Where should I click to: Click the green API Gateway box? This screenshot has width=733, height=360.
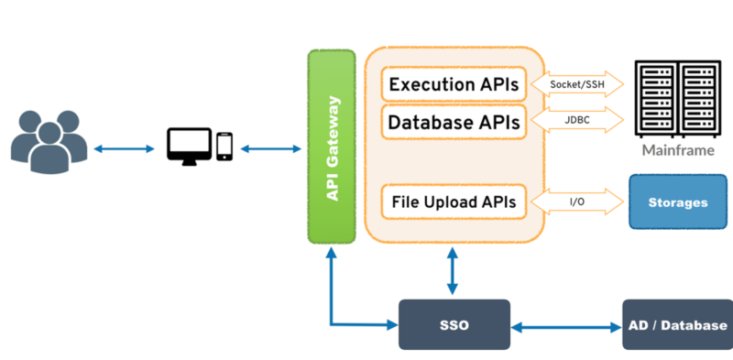click(332, 147)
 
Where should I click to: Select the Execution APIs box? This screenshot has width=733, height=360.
click(454, 84)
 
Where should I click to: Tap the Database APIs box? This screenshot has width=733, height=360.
click(454, 122)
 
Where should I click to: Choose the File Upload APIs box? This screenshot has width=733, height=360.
click(454, 202)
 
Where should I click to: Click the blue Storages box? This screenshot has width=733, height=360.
click(678, 202)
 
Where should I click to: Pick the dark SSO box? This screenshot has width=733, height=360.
click(454, 324)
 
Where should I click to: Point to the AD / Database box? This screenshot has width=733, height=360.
click(678, 324)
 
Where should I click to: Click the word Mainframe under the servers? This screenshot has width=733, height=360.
click(678, 150)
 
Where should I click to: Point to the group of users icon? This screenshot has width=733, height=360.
click(49, 142)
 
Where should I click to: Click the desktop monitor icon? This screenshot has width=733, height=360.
click(190, 147)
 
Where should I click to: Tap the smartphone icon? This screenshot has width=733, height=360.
click(224, 147)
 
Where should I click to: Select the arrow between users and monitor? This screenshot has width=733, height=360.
click(124, 149)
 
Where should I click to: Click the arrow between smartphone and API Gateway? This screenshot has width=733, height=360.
click(270, 149)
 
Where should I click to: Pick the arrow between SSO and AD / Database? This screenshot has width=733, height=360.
click(566, 327)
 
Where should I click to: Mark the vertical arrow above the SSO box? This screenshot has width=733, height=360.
click(452, 271)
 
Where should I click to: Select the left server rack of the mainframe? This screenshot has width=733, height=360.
click(656, 99)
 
